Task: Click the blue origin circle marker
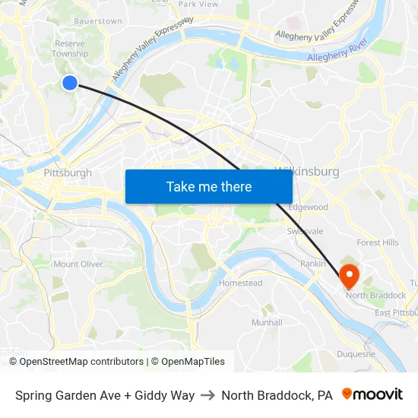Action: [69, 83]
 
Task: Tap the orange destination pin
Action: [350, 274]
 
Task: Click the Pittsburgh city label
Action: [68, 173]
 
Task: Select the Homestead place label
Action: [240, 283]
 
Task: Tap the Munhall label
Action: [267, 322]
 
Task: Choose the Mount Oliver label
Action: [78, 264]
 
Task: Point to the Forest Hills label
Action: [378, 242]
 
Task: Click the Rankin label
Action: [313, 264]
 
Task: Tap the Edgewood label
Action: [308, 207]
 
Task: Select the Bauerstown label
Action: [98, 21]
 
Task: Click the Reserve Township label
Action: [70, 49]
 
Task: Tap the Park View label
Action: [198, 5]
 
